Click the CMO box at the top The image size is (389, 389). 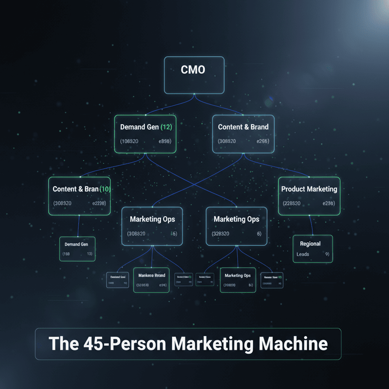[x=194, y=75]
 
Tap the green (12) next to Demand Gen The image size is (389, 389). [x=166, y=127]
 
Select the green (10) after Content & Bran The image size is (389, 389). [x=104, y=189]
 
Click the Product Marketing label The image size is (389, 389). [x=309, y=189]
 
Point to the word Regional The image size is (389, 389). [x=310, y=244]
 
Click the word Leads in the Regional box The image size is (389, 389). [x=303, y=254]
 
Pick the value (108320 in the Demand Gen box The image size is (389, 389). [x=129, y=141]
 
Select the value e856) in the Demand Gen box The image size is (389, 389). [x=164, y=141]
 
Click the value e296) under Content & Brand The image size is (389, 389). [x=262, y=141]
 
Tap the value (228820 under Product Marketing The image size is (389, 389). [x=292, y=203]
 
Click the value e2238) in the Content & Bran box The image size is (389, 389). [x=99, y=203]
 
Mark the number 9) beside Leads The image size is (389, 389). [x=327, y=254]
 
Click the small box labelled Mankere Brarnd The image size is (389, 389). [x=151, y=280]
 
